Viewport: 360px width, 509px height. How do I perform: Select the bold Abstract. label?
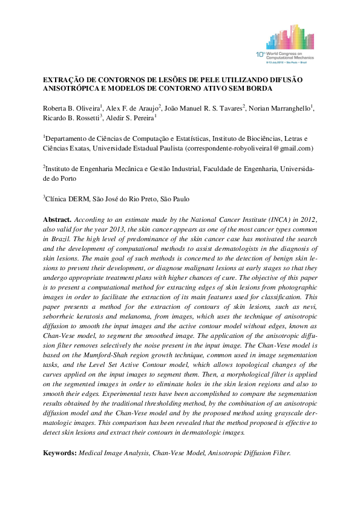pos(57,218)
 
